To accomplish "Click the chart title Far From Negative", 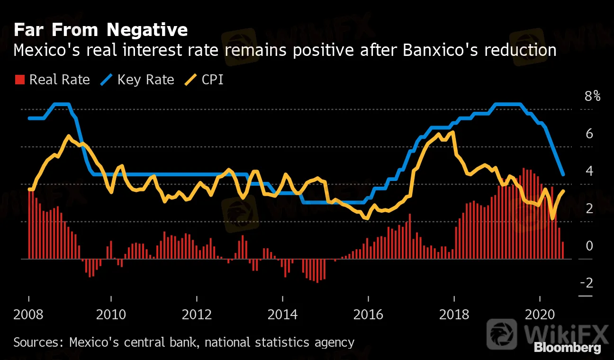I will tap(100, 30).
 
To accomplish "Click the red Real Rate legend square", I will tap(20, 80).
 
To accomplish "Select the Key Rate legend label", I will tap(145, 80).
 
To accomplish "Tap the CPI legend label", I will tap(212, 80).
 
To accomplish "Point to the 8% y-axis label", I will tap(592, 97).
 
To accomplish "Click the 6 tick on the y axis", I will tap(589, 134).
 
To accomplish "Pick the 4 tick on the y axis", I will tap(589, 171).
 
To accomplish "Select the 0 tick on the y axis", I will tap(589, 246).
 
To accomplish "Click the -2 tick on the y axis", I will tap(587, 283).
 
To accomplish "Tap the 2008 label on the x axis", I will tap(29, 314).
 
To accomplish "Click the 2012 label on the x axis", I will tap(196, 314).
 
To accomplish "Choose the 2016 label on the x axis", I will tap(368, 314).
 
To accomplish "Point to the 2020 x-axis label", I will tap(540, 314).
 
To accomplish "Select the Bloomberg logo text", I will tap(567, 348).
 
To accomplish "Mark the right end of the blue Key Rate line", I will tap(563, 175).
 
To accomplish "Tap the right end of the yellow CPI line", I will tap(563, 191).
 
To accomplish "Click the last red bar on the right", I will tap(563, 250).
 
